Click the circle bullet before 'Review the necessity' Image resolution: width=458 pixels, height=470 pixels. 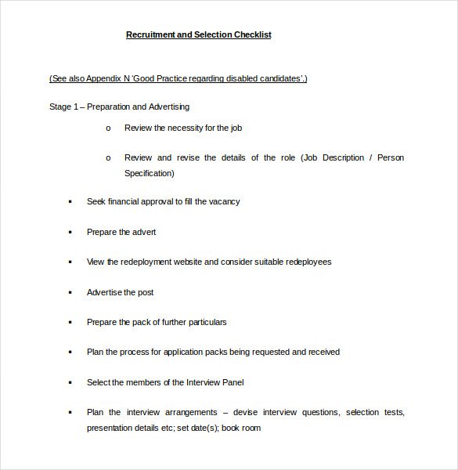pyautogui.click(x=108, y=128)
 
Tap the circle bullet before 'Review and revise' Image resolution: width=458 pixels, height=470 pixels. pyautogui.click(x=108, y=158)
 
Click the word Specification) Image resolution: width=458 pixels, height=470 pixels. pyautogui.click(x=150, y=173)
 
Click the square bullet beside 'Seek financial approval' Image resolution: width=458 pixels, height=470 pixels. pyautogui.click(x=69, y=202)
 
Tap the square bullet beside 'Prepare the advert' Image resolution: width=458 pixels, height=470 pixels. pyautogui.click(x=69, y=233)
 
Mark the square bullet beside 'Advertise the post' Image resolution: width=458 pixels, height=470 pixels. pyautogui.click(x=69, y=293)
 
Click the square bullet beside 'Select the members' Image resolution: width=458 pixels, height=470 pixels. pyautogui.click(x=69, y=383)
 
